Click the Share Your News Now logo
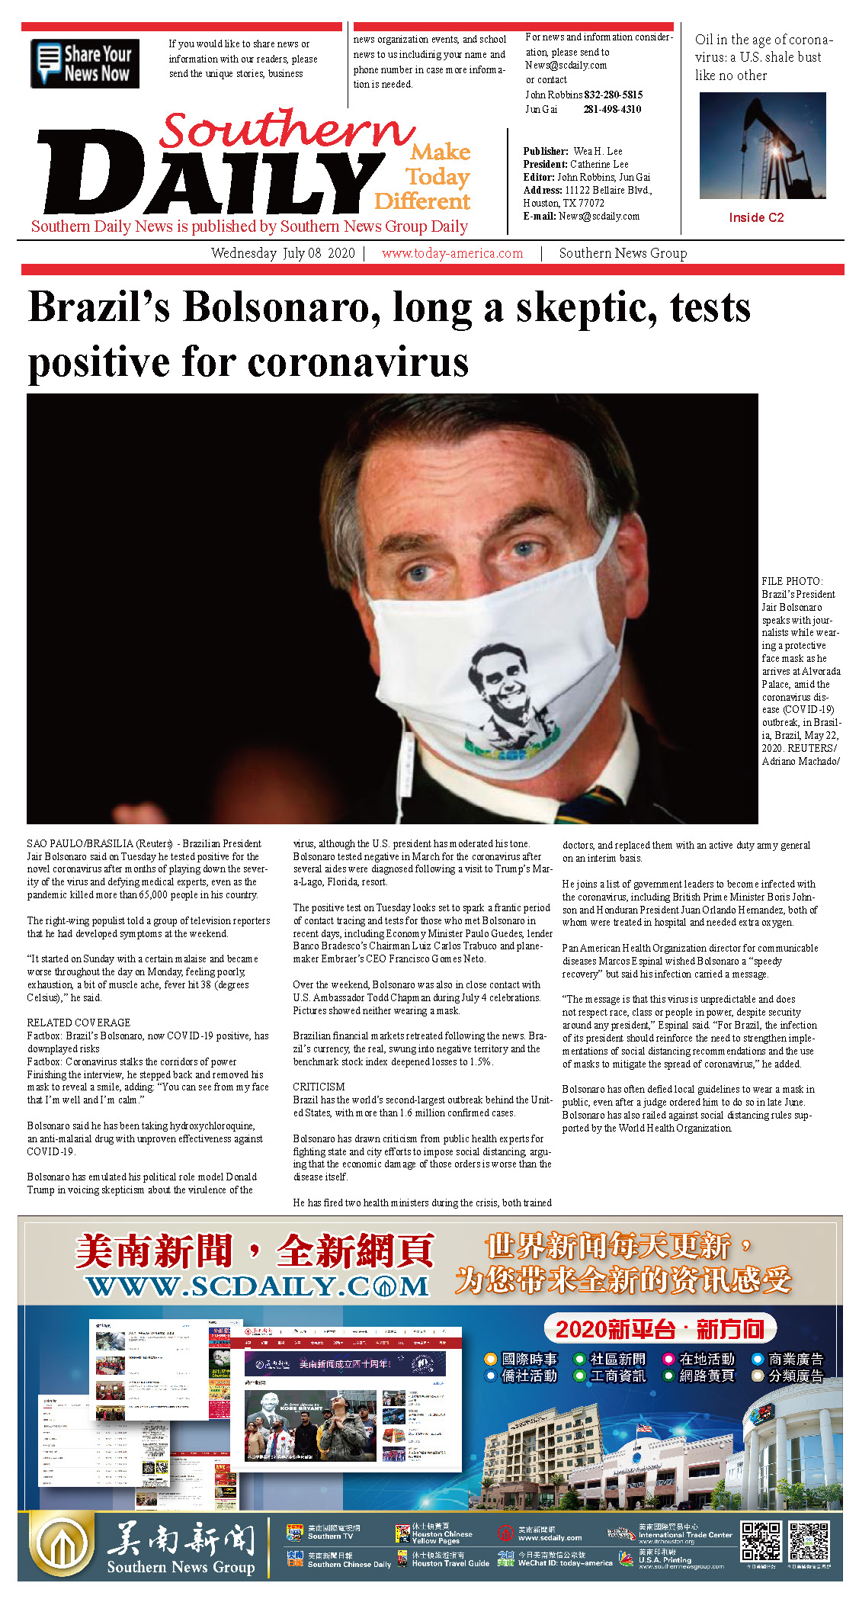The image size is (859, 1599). pyautogui.click(x=85, y=64)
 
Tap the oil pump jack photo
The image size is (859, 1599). pyautogui.click(x=762, y=146)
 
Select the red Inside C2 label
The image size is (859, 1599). pyautogui.click(x=756, y=218)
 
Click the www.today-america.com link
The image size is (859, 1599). pyautogui.click(x=452, y=254)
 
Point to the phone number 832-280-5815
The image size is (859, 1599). pyautogui.click(x=614, y=95)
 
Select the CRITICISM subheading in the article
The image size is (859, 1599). pyautogui.click(x=319, y=1087)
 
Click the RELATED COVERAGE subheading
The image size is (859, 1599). pyautogui.click(x=79, y=1023)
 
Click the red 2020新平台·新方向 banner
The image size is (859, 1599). pyautogui.click(x=659, y=1330)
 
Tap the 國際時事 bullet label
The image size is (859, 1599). pyautogui.click(x=529, y=1359)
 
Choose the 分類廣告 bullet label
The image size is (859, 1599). pyautogui.click(x=796, y=1376)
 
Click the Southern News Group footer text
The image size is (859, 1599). pyautogui.click(x=181, y=1566)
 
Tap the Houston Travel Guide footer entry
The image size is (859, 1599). pyautogui.click(x=450, y=1563)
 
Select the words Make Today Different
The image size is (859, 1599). pyautogui.click(x=423, y=177)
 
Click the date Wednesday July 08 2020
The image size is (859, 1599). pyautogui.click(x=283, y=254)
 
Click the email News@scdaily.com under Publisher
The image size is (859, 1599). pyautogui.click(x=598, y=217)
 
